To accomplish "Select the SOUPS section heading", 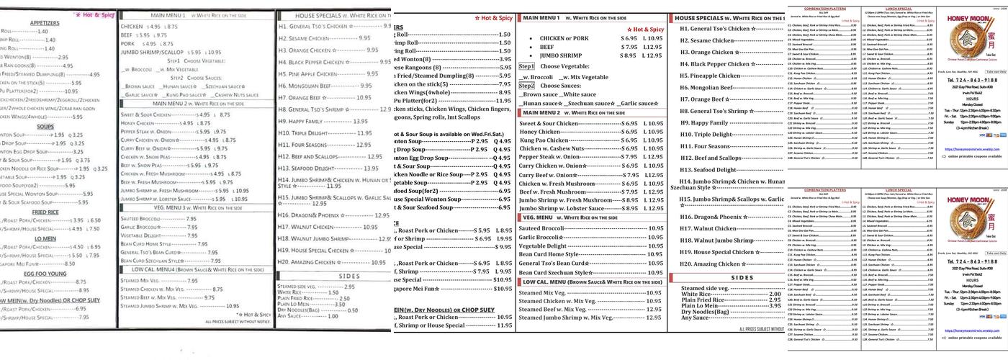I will [45, 126].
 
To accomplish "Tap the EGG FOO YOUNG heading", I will [45, 274].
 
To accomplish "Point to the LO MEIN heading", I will [45, 238].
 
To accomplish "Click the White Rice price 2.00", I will [774, 294].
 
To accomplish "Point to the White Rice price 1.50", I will [333, 292].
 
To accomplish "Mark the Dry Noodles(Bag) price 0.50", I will [352, 310].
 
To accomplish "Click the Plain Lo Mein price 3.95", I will [774, 306].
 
